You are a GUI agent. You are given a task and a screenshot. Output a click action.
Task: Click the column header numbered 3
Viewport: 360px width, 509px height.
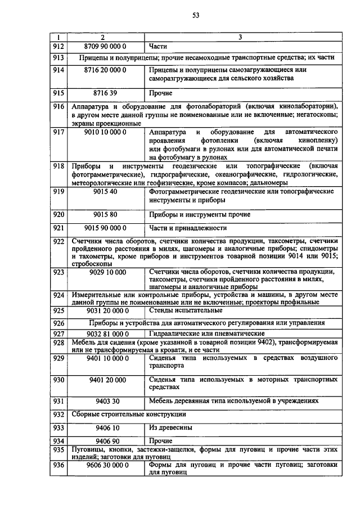tap(240, 37)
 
